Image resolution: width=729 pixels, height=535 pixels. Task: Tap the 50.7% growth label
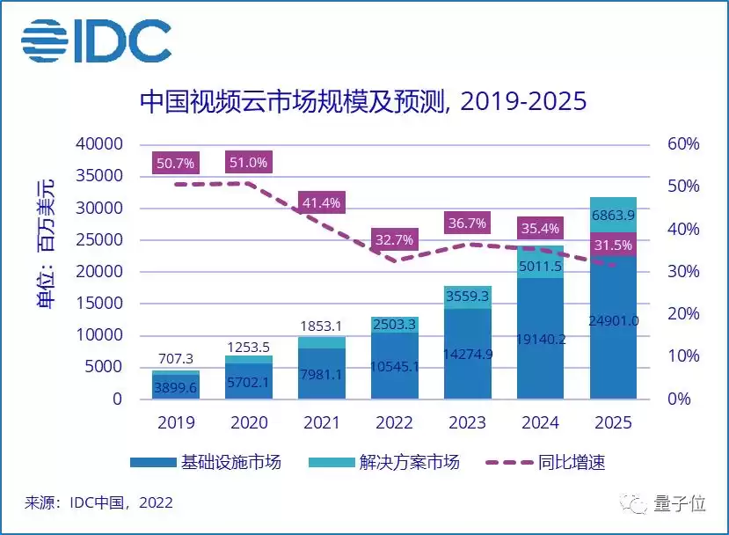(x=176, y=163)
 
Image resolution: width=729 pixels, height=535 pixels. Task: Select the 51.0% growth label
(x=249, y=162)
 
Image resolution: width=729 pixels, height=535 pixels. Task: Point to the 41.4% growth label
(x=321, y=203)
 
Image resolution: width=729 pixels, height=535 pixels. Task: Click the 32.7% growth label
(x=394, y=238)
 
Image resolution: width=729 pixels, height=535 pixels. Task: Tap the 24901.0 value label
(x=613, y=320)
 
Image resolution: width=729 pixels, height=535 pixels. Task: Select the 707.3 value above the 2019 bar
(x=176, y=359)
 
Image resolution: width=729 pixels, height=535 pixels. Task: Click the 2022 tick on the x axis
(x=394, y=422)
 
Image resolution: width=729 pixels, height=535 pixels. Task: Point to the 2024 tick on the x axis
(x=540, y=422)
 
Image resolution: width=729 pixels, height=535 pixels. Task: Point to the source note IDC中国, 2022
(x=98, y=503)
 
